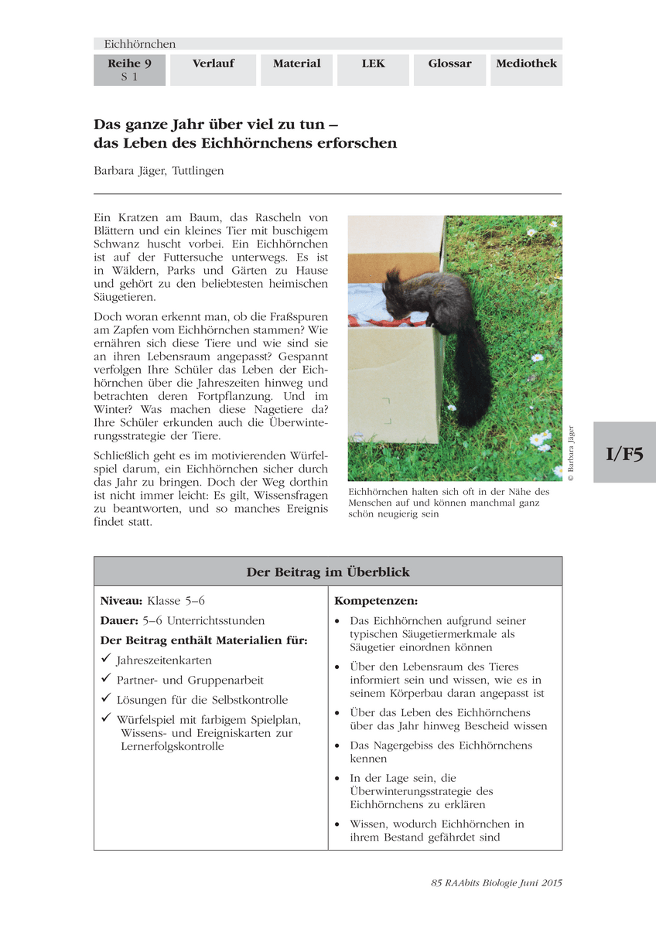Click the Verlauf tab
213,63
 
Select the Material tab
296,63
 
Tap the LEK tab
373,63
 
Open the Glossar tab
449,63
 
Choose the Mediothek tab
526,63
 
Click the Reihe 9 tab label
129,63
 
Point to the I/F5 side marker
624,453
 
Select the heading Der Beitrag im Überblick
327,572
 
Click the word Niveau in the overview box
121,600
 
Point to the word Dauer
118,620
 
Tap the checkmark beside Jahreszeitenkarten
106,660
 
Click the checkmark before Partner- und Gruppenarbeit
106,679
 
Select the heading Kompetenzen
376,600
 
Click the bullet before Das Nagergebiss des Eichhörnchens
337,746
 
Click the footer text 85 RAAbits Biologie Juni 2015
496,882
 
